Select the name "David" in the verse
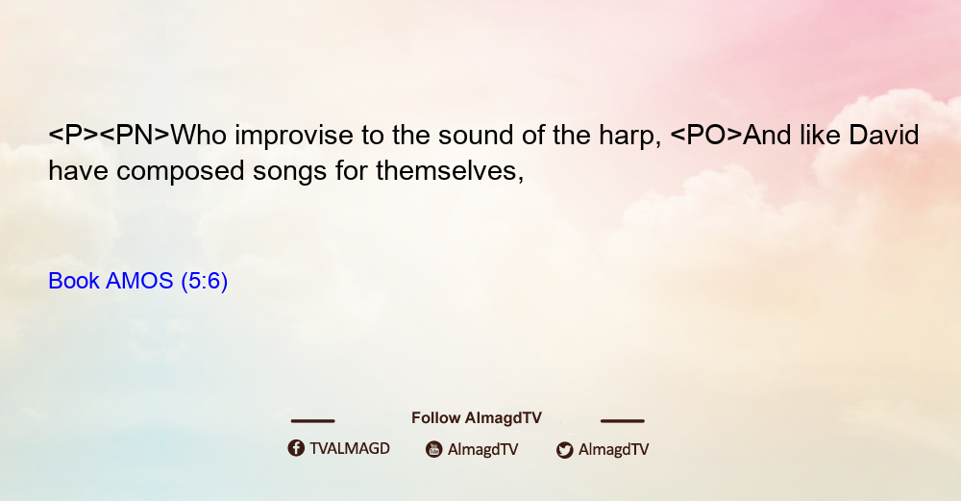(884, 135)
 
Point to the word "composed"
(181, 172)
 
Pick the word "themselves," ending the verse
(450, 171)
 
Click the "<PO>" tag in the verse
(706, 136)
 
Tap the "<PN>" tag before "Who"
(135, 136)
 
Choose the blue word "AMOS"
(139, 281)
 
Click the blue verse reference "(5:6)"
(204, 282)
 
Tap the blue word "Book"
(74, 281)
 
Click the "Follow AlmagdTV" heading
(477, 418)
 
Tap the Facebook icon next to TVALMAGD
(296, 448)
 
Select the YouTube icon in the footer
(434, 449)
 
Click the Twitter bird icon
(564, 450)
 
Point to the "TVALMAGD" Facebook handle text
(350, 449)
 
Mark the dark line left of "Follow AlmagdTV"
(312, 420)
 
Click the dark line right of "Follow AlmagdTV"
(622, 420)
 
